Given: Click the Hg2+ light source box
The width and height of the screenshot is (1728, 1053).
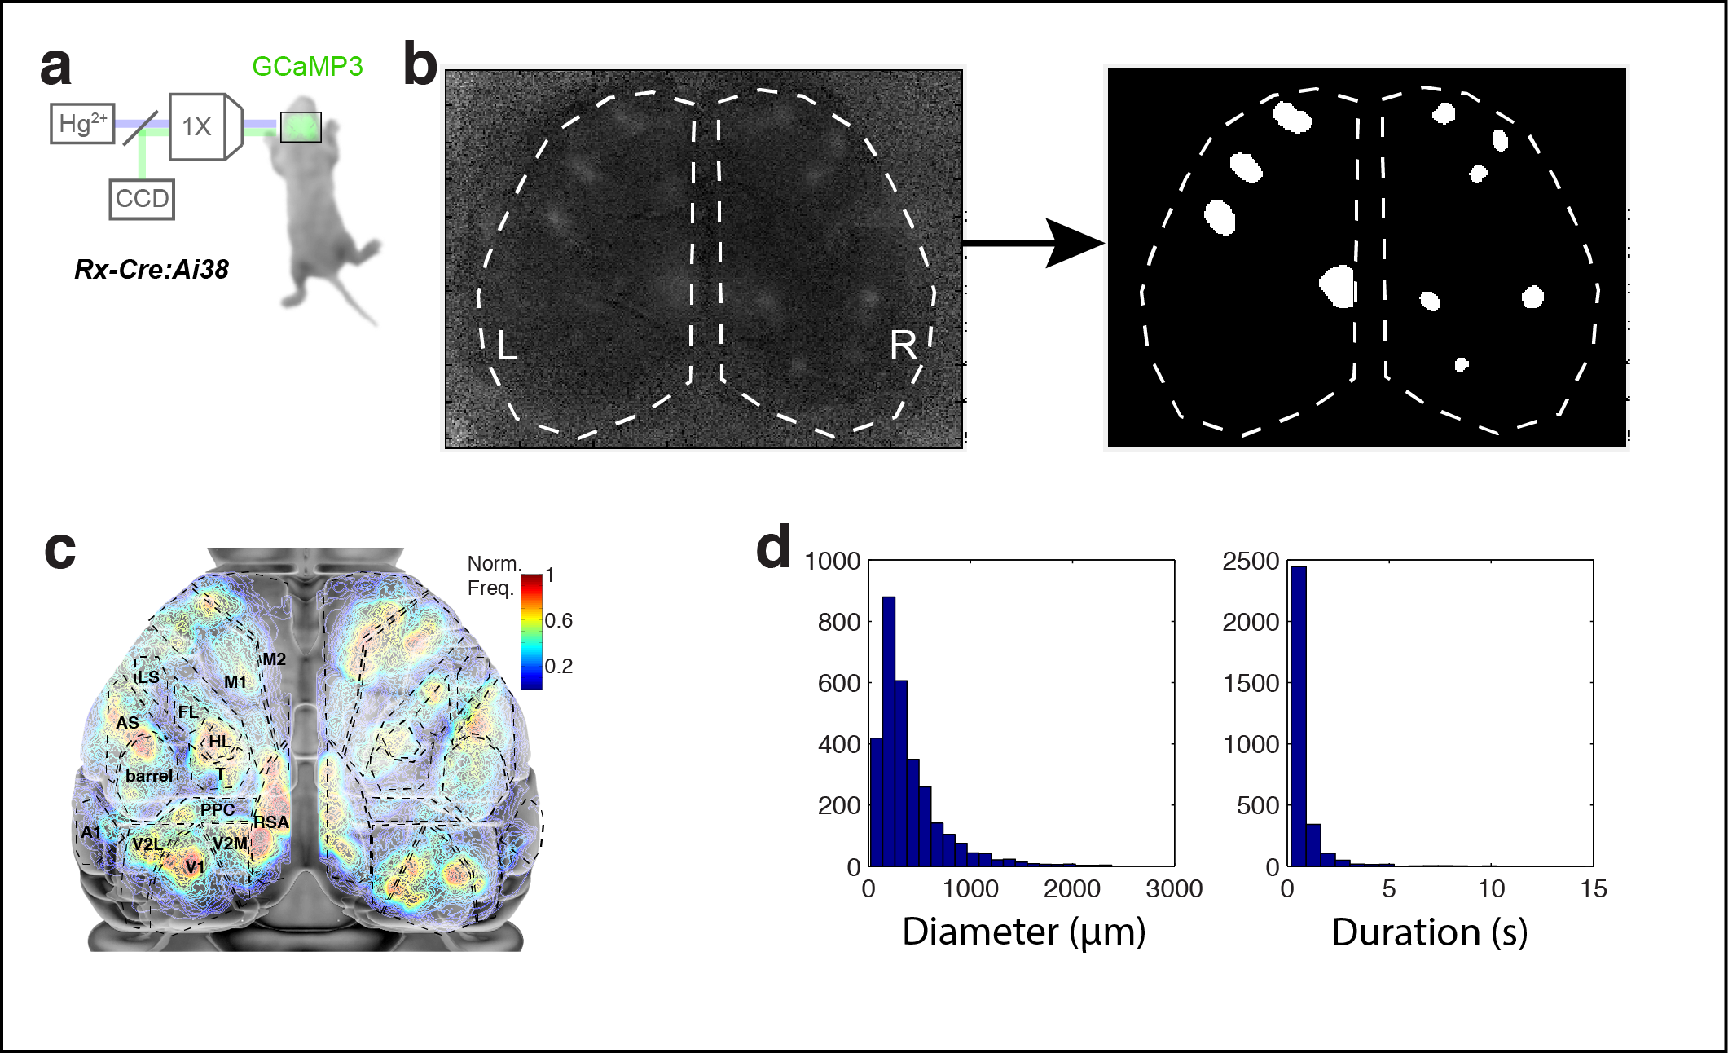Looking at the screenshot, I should tap(82, 124).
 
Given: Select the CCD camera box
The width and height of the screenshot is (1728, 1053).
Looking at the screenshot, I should tap(142, 199).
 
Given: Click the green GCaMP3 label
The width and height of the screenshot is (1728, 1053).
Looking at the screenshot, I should tap(307, 67).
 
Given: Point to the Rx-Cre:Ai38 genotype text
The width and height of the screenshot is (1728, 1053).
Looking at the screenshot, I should tap(152, 269).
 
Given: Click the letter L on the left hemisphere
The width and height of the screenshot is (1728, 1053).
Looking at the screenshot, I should tap(507, 346).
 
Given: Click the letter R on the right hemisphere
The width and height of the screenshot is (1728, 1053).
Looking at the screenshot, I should tap(903, 346).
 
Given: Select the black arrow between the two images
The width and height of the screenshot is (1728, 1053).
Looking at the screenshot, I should tap(1035, 243).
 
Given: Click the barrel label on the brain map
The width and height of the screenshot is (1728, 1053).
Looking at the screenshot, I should tap(148, 776).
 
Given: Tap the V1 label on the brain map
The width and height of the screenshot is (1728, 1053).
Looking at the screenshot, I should tap(194, 866).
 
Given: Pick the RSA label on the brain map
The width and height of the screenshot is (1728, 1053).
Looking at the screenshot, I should tap(271, 822).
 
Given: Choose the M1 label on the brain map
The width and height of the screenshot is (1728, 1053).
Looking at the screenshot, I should tap(235, 682).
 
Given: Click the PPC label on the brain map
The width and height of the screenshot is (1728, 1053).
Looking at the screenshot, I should tap(218, 809).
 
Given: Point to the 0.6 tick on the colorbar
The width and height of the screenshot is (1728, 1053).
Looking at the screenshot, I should tap(558, 621).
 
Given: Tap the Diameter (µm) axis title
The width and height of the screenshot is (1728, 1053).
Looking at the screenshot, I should tap(1023, 932).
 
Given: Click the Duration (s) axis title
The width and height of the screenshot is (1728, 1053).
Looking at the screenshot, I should tap(1429, 932).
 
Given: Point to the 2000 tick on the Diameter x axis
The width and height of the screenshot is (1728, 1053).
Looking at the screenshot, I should tap(1071, 888).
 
